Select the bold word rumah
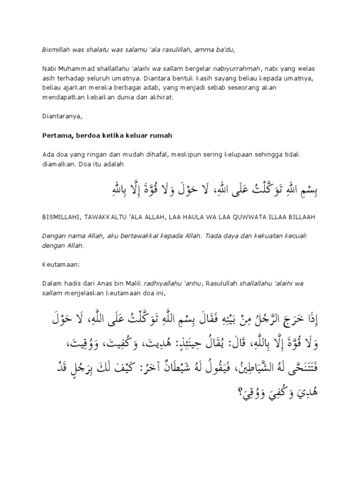(160, 135)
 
